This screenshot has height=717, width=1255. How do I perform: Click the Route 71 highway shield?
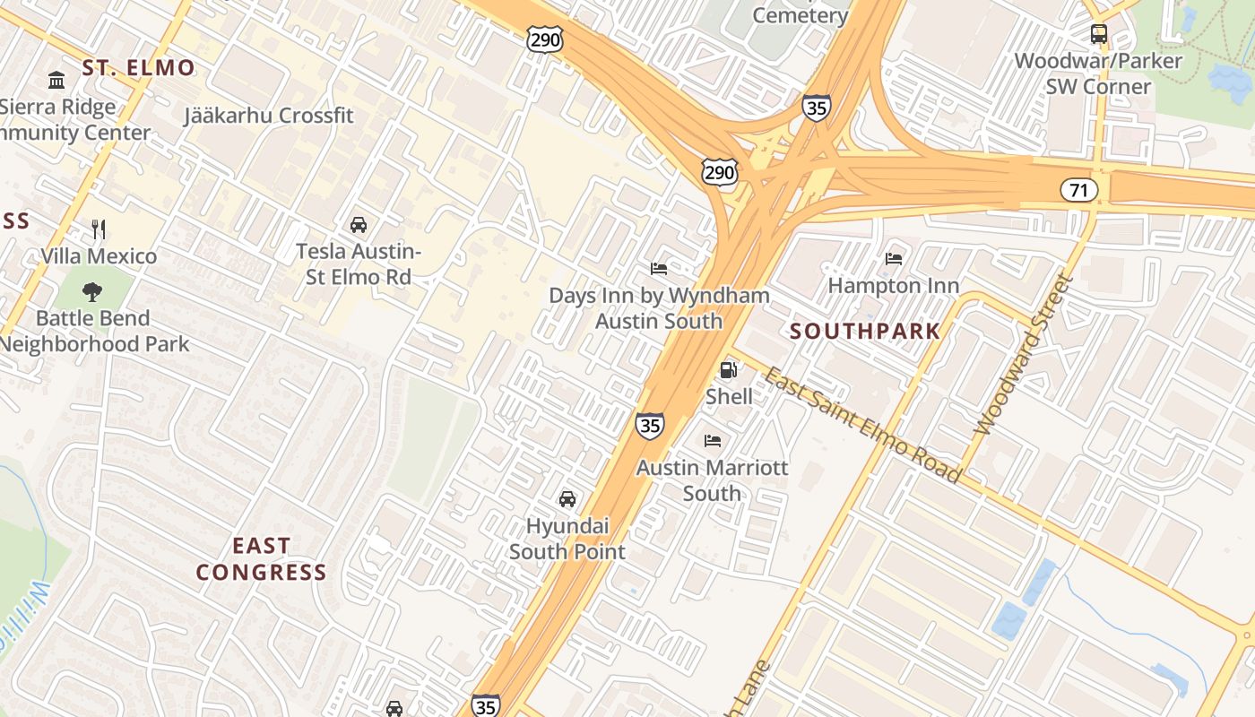tap(1078, 189)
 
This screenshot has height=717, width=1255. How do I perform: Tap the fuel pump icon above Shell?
tap(729, 369)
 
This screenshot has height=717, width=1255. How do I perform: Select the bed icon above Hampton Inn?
tap(893, 259)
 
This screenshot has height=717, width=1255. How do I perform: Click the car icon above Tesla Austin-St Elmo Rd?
tap(359, 224)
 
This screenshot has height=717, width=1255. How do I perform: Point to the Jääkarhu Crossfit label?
tap(269, 116)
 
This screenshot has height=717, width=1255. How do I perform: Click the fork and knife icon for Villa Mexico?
tap(99, 229)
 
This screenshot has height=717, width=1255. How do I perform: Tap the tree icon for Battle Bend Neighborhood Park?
tap(91, 291)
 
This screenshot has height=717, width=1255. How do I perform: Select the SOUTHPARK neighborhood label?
tap(865, 331)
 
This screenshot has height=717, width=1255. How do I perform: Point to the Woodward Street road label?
tap(1023, 355)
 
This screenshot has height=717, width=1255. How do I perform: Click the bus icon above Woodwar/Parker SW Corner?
tap(1098, 34)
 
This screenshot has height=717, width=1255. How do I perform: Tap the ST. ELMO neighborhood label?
tap(138, 67)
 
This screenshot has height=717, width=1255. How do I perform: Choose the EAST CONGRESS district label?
tap(261, 558)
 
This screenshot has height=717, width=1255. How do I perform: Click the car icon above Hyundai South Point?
tap(567, 499)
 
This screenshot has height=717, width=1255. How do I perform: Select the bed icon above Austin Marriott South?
tap(713, 440)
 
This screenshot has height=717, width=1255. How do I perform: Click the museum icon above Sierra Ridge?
tap(56, 81)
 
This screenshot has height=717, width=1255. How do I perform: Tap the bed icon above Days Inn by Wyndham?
tap(659, 268)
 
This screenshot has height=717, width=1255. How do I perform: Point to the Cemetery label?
tap(800, 15)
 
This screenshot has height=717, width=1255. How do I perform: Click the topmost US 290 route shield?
tap(545, 38)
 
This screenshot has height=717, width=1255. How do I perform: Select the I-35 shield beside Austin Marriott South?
tap(650, 424)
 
